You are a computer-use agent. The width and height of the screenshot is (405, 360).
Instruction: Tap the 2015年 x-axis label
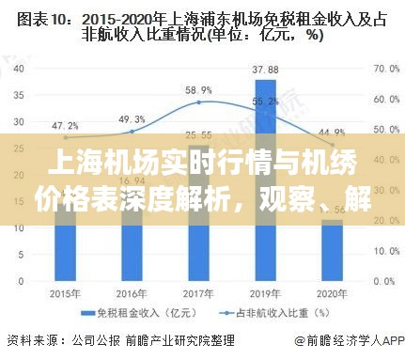(x=64, y=292)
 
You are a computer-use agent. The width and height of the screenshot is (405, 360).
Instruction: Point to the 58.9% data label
(x=197, y=90)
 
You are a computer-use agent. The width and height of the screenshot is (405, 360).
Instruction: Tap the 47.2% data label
(x=64, y=124)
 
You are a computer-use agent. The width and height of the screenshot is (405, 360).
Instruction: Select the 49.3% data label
(x=132, y=119)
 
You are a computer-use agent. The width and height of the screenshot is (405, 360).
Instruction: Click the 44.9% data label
(x=332, y=131)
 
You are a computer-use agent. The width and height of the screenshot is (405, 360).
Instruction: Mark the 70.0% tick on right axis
(x=386, y=69)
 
